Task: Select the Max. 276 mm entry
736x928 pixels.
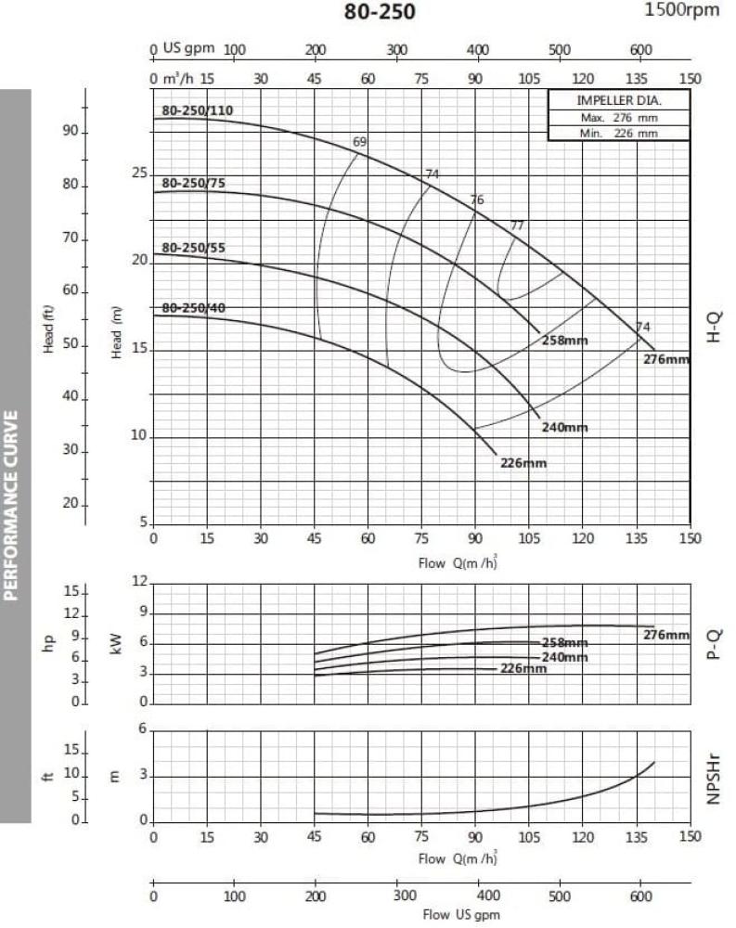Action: click(x=619, y=118)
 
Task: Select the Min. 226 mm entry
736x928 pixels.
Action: click(x=619, y=133)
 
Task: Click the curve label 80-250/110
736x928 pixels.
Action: click(x=197, y=110)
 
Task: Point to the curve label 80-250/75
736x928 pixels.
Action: click(x=193, y=184)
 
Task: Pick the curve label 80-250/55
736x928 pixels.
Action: click(x=193, y=248)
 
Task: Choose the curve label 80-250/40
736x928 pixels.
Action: click(x=193, y=307)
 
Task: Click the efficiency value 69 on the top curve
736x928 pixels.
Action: click(x=360, y=142)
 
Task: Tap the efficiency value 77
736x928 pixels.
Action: click(x=517, y=226)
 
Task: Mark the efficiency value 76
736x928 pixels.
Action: click(x=477, y=200)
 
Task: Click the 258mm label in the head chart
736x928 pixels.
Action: click(x=565, y=341)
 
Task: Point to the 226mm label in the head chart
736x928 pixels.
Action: click(x=523, y=463)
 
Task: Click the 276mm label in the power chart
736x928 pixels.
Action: click(x=666, y=635)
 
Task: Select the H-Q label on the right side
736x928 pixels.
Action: click(x=714, y=328)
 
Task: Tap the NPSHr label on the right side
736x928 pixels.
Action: click(x=714, y=775)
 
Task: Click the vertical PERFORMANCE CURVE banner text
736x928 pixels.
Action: click(x=13, y=505)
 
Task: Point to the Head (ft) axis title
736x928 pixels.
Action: click(x=48, y=329)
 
